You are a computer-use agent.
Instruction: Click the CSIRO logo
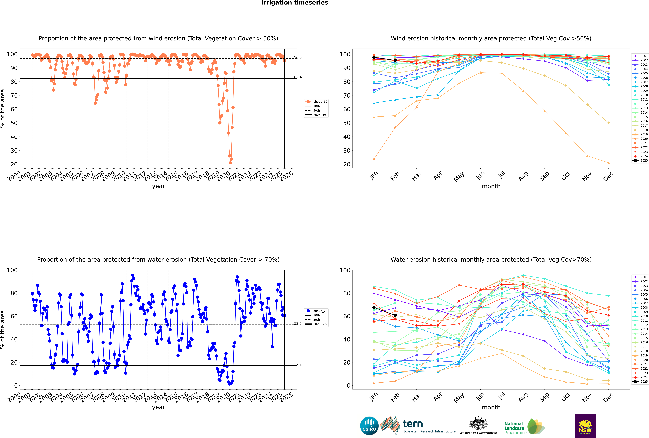pos(369,426)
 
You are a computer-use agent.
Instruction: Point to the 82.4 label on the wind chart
pos(298,77)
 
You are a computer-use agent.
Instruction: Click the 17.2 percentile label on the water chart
pos(298,364)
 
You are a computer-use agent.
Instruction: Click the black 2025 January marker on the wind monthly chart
pos(374,57)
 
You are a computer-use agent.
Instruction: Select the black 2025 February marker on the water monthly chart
pos(395,315)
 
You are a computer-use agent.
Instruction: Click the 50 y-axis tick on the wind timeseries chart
pos(14,123)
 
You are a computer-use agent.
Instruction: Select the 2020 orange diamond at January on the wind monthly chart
pos(374,159)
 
